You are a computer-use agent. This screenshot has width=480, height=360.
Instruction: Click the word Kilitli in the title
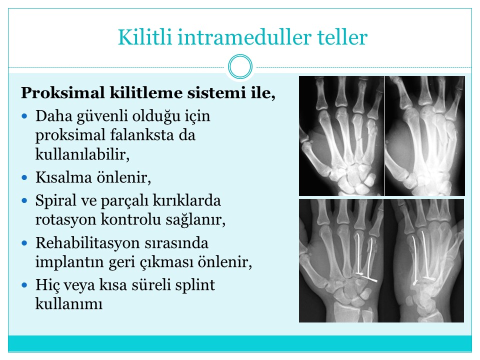point(145,37)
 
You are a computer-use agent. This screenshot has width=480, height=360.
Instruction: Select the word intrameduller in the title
point(244,37)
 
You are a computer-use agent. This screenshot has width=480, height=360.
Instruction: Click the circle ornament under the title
point(240,66)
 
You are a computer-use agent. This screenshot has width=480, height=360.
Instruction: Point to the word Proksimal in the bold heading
point(63,92)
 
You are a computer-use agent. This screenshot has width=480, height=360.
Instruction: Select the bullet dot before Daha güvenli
point(24,116)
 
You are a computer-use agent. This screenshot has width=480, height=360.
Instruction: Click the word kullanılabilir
point(82,154)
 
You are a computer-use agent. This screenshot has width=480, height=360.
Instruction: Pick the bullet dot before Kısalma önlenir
point(24,177)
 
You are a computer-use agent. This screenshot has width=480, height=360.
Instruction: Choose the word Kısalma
point(63,177)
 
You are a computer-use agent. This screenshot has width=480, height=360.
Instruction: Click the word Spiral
point(55,201)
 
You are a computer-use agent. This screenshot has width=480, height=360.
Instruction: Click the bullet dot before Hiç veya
point(24,285)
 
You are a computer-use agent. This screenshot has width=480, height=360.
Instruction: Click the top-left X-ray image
point(341,136)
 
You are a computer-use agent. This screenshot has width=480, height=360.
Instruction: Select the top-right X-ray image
point(425,136)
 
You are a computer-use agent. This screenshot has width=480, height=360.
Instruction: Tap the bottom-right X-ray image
point(423,260)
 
